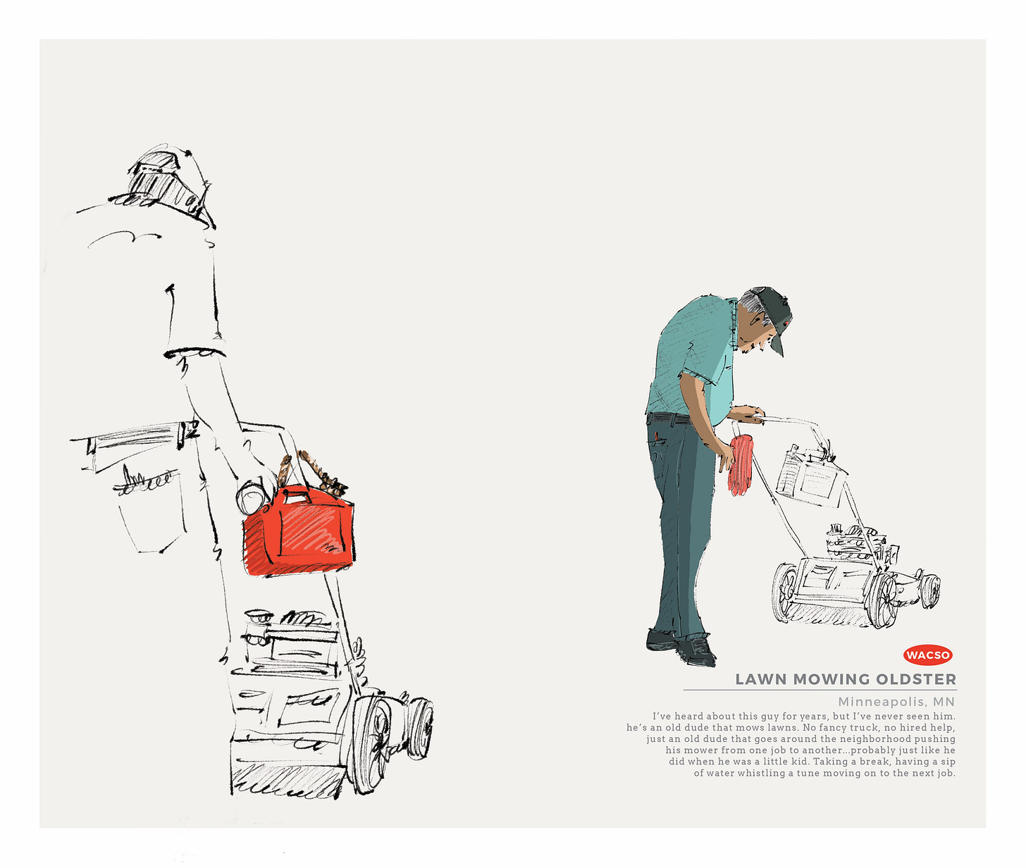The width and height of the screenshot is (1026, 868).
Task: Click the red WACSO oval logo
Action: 927,655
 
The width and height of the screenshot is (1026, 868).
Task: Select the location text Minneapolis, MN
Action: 896,701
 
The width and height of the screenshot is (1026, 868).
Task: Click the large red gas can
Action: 299,531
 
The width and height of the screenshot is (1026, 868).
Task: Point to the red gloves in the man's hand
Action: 741,464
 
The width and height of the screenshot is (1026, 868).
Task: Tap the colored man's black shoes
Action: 681,647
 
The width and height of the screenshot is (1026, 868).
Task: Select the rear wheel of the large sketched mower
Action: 371,745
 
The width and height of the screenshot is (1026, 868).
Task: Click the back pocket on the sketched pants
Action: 149,512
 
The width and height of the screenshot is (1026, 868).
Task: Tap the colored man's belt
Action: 669,418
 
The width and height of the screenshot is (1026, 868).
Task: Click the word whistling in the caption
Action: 762,773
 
